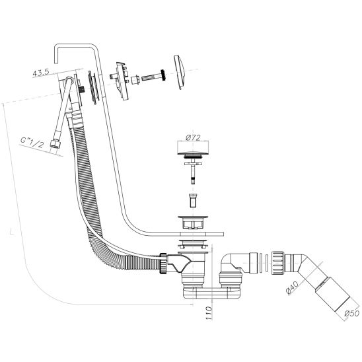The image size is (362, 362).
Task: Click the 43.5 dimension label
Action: pos(41,73)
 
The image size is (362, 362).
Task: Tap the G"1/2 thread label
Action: pos(32,143)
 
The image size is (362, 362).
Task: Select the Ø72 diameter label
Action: pos(193,138)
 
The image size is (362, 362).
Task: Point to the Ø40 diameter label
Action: pos(292,287)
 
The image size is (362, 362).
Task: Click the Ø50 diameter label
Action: pos(352,313)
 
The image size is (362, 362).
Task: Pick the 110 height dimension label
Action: pos(208,313)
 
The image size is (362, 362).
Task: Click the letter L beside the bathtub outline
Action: pos(11,232)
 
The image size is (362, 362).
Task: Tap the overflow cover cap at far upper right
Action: pos(180,72)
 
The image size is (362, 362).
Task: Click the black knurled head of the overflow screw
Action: pos(163,75)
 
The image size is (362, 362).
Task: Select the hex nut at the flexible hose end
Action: pos(54,144)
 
